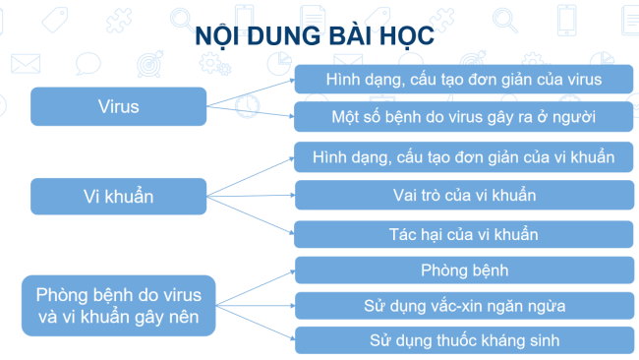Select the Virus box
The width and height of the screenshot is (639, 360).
(118, 106)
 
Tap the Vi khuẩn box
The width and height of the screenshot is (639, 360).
(118, 196)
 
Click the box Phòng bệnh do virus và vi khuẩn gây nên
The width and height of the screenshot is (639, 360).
(118, 305)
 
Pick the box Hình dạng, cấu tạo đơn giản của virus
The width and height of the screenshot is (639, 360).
(464, 79)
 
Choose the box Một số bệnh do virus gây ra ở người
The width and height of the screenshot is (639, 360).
(464, 116)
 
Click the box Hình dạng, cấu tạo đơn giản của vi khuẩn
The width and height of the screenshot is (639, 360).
(464, 156)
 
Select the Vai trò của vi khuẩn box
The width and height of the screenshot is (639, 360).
(464, 195)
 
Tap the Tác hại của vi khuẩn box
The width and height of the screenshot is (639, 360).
(464, 234)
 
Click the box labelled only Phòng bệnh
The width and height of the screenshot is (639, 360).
(464, 270)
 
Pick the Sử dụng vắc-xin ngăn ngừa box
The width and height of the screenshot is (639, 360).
(464, 305)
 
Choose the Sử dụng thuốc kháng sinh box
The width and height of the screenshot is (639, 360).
(464, 340)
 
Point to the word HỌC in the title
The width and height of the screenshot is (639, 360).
(404, 35)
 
